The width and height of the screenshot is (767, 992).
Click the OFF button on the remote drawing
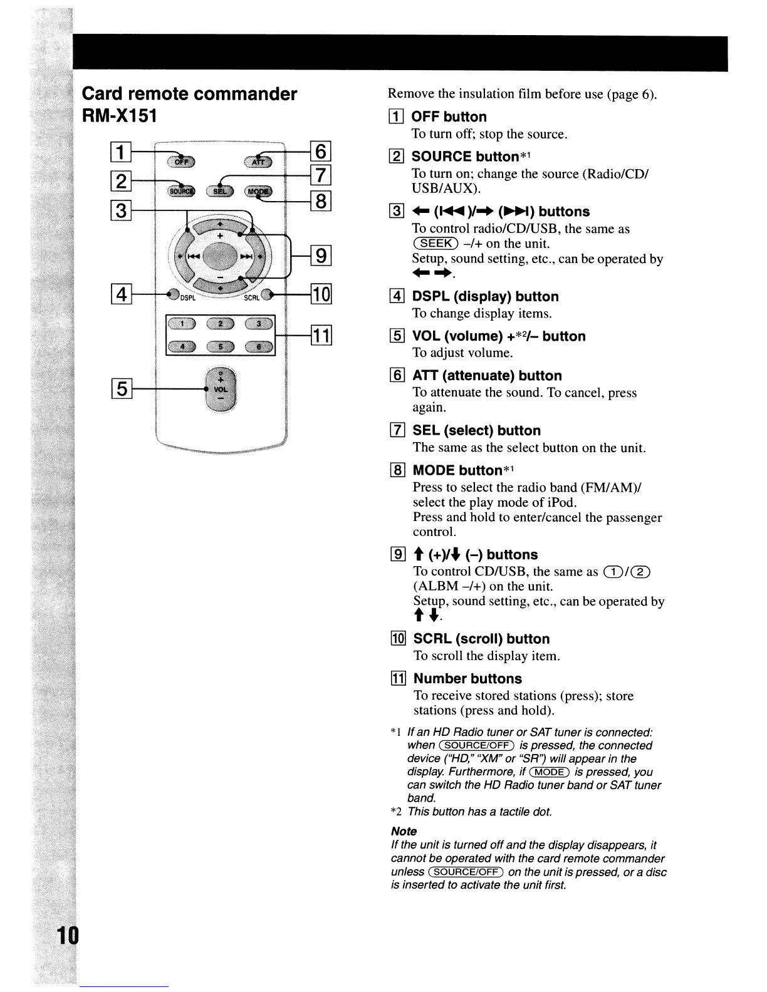181,162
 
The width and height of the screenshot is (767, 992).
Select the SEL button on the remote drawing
220,191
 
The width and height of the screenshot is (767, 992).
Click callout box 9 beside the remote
320,256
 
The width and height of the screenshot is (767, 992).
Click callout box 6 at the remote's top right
320,152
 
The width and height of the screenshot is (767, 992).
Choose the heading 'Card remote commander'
190,94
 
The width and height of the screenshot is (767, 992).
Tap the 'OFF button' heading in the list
449,117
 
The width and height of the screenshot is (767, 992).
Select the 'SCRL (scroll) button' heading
481,639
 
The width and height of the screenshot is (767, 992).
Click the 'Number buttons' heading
467,679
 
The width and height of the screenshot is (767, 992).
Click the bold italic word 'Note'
404,831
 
